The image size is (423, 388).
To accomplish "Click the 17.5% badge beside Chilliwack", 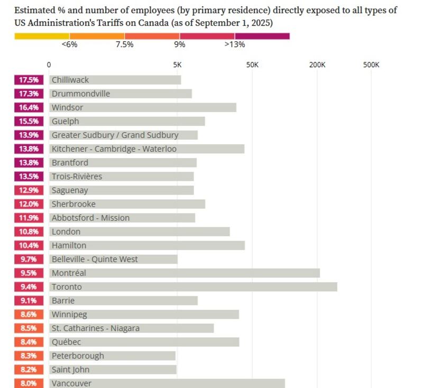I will pos(29,80).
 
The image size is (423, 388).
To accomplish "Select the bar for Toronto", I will pos(194,287).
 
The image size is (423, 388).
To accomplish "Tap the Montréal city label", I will pos(69,273).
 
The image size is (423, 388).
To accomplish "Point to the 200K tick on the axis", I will pos(317,65).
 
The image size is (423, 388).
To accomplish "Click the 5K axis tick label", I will pos(177,65).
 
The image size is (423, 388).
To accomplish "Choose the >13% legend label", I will pos(235,44).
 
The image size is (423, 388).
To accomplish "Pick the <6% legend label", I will pos(69,44).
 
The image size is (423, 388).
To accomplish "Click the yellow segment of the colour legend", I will pos(42,36).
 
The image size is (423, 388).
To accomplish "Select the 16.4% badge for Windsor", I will pos(29,107).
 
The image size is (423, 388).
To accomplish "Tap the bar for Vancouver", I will pos(167,383).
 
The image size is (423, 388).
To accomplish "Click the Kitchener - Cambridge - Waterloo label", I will pos(114,149).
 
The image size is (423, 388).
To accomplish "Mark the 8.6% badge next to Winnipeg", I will pos(29,315).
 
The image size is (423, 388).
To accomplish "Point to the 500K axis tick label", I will pos(371,65).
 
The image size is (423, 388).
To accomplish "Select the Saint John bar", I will pos(113,369).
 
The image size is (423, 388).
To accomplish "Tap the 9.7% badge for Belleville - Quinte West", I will pos(29,259).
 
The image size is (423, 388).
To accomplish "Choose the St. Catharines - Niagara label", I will pos(96,328).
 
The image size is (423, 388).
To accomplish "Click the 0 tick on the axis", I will pos(49,65).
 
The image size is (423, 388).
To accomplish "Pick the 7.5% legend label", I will pos(125,44).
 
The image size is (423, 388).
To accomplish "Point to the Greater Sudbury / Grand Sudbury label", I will pos(115,135).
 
